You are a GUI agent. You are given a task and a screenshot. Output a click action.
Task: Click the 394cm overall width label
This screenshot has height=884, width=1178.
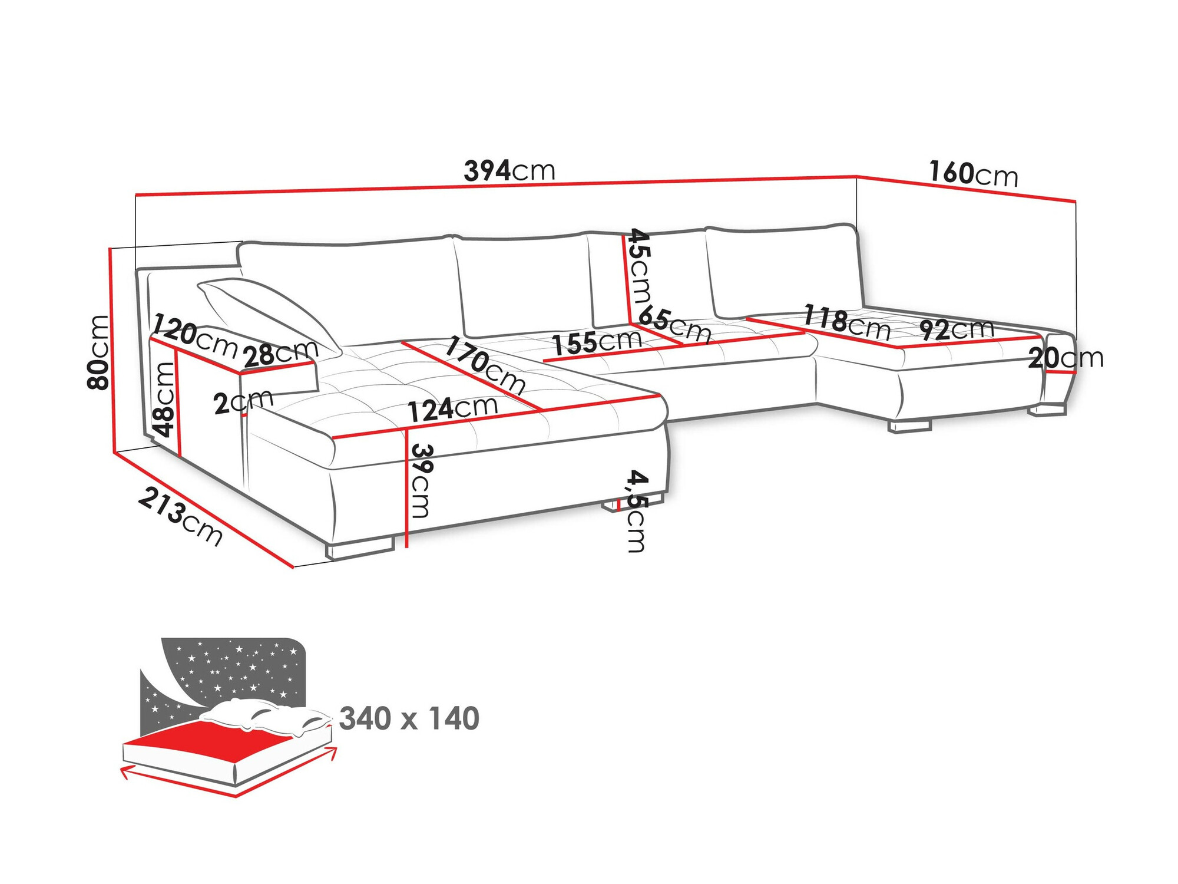coord(509,171)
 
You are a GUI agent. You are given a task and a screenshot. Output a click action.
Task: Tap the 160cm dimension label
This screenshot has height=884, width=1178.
coord(973,174)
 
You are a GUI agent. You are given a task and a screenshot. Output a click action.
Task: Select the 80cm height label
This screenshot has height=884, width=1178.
coord(98,352)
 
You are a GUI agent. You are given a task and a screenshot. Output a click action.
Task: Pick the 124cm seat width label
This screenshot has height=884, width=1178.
coord(453,408)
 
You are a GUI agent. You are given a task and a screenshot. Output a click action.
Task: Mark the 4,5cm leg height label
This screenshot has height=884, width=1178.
coord(636,510)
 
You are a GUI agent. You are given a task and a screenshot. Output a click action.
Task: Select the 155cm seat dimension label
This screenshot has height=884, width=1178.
coord(597,341)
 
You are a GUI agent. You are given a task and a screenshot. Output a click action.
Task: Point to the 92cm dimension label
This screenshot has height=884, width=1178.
coord(956,329)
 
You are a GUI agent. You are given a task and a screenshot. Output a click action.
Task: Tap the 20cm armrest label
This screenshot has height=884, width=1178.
coord(1066,358)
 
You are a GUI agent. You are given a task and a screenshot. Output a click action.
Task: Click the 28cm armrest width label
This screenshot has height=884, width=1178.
coord(280,354)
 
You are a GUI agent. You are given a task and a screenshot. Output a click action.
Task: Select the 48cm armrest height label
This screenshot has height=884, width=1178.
coord(163,398)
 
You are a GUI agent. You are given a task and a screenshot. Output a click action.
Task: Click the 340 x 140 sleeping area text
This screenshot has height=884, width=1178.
coord(409,718)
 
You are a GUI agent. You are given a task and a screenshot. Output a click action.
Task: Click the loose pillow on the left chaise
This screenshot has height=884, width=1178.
coord(265,312)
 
